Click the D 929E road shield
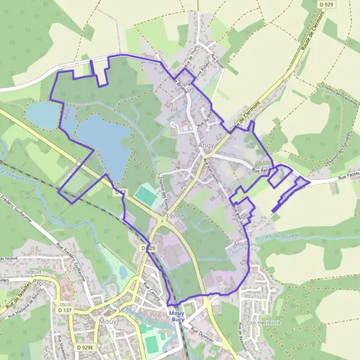point(88,347)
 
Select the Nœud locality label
point(35,271)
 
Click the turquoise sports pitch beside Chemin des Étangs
point(145,194)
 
